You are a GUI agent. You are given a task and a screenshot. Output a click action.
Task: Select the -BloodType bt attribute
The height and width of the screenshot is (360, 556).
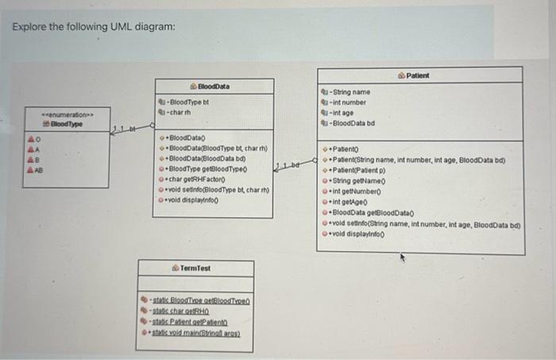pyautogui.click(x=189, y=103)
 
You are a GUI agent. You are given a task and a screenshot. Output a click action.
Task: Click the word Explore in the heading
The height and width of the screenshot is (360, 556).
pyautogui.click(x=29, y=28)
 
